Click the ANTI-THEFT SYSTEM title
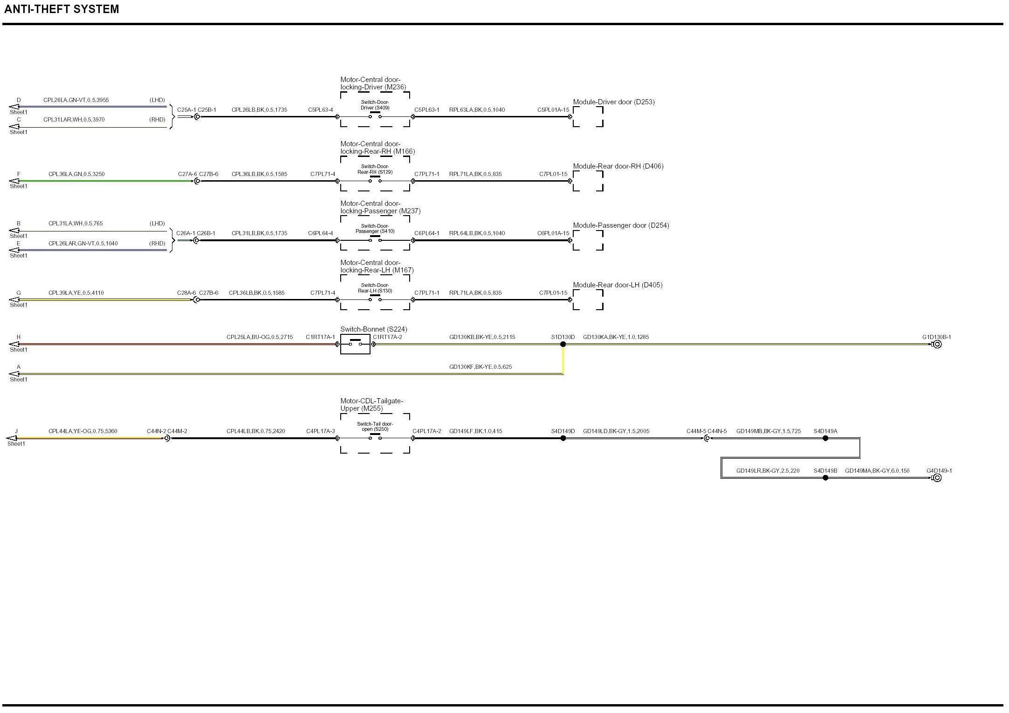click(x=62, y=9)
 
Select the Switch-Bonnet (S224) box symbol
click(x=355, y=344)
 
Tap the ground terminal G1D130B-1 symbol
click(x=937, y=345)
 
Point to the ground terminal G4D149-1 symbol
click(x=937, y=478)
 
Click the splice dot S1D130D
click(x=563, y=344)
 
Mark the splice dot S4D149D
click(x=563, y=438)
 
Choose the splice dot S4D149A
click(x=825, y=438)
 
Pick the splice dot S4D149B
click(x=825, y=478)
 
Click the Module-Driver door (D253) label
click(x=613, y=102)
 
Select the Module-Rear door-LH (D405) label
click(x=618, y=285)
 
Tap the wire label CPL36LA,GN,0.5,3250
click(x=76, y=174)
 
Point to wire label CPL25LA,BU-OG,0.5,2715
click(x=260, y=337)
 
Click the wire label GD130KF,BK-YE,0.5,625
click(x=480, y=367)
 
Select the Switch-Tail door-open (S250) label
click(x=375, y=427)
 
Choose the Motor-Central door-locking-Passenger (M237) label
click(x=380, y=207)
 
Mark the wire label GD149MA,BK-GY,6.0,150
click(x=877, y=471)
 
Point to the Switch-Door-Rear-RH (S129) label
click(x=375, y=170)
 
